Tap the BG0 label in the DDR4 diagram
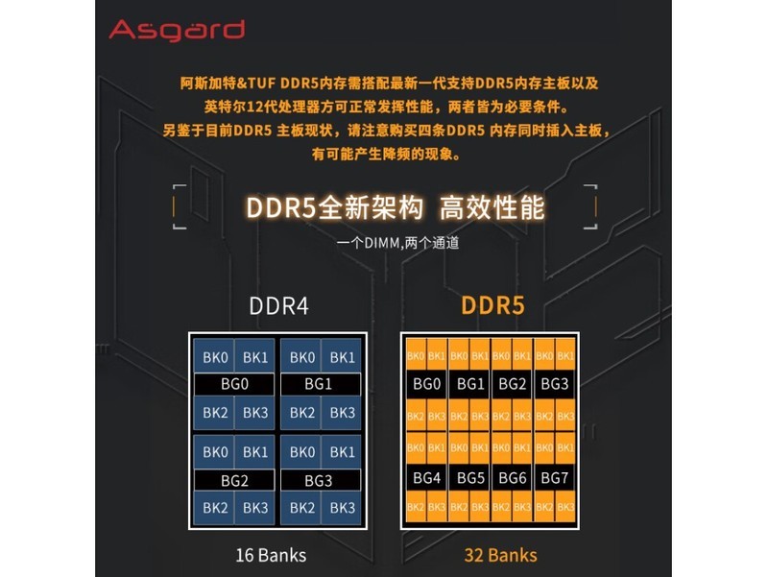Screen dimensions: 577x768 [x=234, y=384]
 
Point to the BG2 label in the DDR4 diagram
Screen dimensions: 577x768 [x=234, y=479]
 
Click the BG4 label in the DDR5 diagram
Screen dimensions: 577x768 [x=426, y=478]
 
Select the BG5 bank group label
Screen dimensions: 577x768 [x=470, y=478]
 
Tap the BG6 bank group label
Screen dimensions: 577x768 [x=513, y=478]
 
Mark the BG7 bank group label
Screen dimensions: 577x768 [x=555, y=478]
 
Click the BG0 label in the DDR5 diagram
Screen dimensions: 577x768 [x=426, y=384]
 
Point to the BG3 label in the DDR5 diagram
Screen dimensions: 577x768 [x=555, y=384]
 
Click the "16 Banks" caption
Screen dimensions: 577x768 [x=272, y=555]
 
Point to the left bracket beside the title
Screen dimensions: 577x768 [x=177, y=206]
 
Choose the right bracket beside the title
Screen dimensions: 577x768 [x=589, y=206]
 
